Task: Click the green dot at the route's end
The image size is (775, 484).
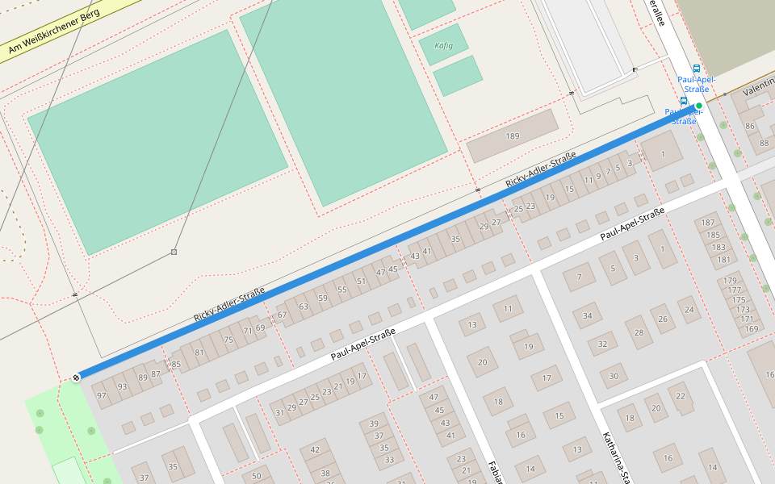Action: (x=699, y=106)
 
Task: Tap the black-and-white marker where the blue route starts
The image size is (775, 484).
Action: (x=76, y=377)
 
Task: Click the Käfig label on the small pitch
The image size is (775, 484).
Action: (x=443, y=45)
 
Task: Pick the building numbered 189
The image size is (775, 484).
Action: (x=512, y=136)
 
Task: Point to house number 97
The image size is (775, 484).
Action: (x=101, y=395)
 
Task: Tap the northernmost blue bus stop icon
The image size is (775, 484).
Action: (x=697, y=69)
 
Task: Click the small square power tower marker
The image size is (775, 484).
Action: (x=174, y=252)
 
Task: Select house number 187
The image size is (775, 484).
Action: (x=709, y=223)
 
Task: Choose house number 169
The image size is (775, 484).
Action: (x=752, y=328)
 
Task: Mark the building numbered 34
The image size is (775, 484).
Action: (x=588, y=315)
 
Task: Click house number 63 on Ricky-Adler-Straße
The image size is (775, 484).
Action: (x=304, y=307)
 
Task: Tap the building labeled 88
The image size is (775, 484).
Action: (x=765, y=143)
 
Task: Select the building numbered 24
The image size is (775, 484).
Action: (x=689, y=309)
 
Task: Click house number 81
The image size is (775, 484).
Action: (x=199, y=353)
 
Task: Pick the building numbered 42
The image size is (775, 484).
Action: (x=315, y=450)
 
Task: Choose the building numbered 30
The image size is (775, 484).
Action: (x=614, y=376)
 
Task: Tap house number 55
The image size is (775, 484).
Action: (x=342, y=289)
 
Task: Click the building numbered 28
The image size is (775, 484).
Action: (x=639, y=332)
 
